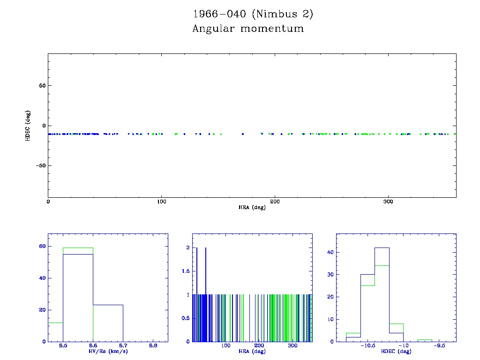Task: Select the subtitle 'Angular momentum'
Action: [x=248, y=29]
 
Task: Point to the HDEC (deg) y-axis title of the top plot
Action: [x=28, y=126]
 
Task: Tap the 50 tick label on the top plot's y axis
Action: [x=42, y=86]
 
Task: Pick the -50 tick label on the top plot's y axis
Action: [x=39, y=165]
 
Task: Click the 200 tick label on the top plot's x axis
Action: [x=275, y=202]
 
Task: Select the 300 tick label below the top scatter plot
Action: [x=388, y=202]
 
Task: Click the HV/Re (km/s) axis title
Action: [x=108, y=351]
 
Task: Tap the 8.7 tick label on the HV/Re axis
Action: [x=123, y=345]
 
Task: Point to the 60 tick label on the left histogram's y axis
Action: [x=42, y=246]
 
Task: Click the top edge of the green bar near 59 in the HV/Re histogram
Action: [x=78, y=247]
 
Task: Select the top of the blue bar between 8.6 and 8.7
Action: [x=108, y=305]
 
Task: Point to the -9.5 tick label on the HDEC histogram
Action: [x=440, y=345]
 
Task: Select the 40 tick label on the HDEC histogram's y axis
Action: [x=330, y=252]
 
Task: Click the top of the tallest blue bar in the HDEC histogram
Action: [x=382, y=247]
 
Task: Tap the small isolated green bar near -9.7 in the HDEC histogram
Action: [x=425, y=339]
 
